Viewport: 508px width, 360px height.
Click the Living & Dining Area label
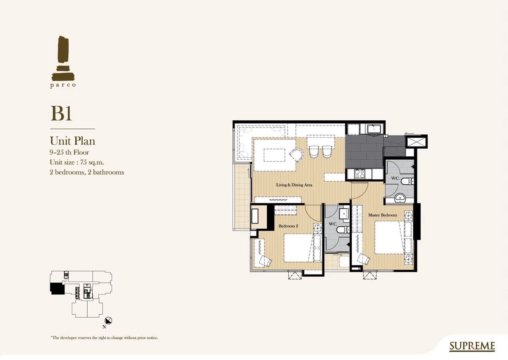click(294, 185)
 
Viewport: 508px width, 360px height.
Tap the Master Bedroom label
click(383, 215)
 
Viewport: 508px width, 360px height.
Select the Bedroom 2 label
click(288, 226)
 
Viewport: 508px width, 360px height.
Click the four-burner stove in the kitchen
click(360, 174)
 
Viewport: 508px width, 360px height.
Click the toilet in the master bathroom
click(408, 181)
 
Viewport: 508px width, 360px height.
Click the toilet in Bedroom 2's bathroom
click(342, 230)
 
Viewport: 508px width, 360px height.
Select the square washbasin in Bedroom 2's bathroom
click(344, 213)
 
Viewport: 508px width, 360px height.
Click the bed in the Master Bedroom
click(389, 238)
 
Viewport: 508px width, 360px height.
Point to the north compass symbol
click(108, 321)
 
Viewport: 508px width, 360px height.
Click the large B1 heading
click(61, 114)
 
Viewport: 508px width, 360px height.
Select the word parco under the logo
click(63, 85)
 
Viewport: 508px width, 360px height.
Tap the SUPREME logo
click(472, 346)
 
